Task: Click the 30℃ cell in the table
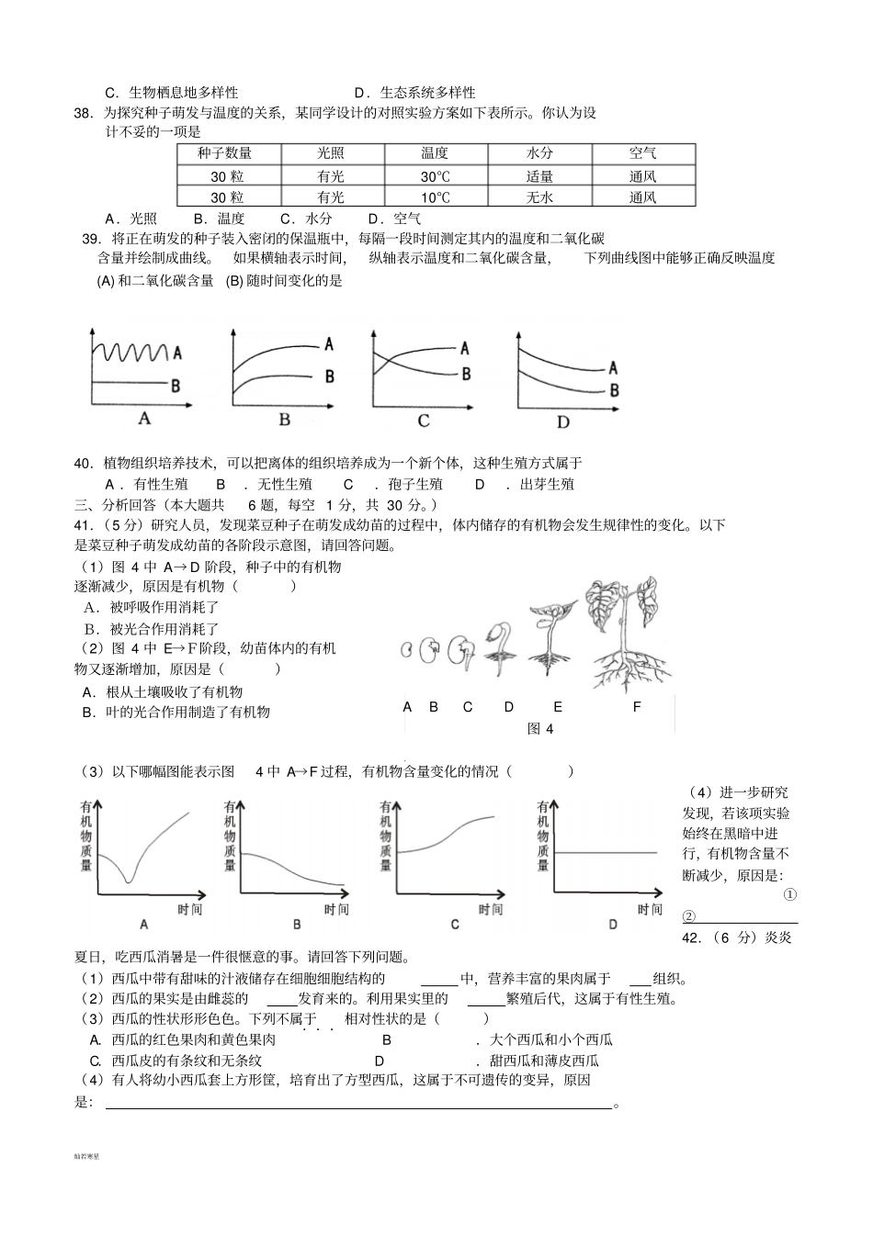[x=435, y=176]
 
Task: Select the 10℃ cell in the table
[x=435, y=197]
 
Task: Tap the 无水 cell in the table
[x=539, y=197]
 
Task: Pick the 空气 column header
[x=642, y=153]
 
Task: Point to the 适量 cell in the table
[x=539, y=176]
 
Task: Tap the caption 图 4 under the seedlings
[x=541, y=729]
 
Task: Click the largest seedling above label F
[x=625, y=634]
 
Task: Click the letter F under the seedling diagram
[x=637, y=707]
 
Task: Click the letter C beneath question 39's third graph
[x=424, y=421]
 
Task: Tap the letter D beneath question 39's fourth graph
[x=563, y=421]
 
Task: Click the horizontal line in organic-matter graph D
[x=607, y=853]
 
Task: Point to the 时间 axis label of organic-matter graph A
[x=189, y=909]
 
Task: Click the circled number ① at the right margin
[x=789, y=894]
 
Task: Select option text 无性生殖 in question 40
[x=285, y=484]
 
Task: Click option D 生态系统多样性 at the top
[x=415, y=92]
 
